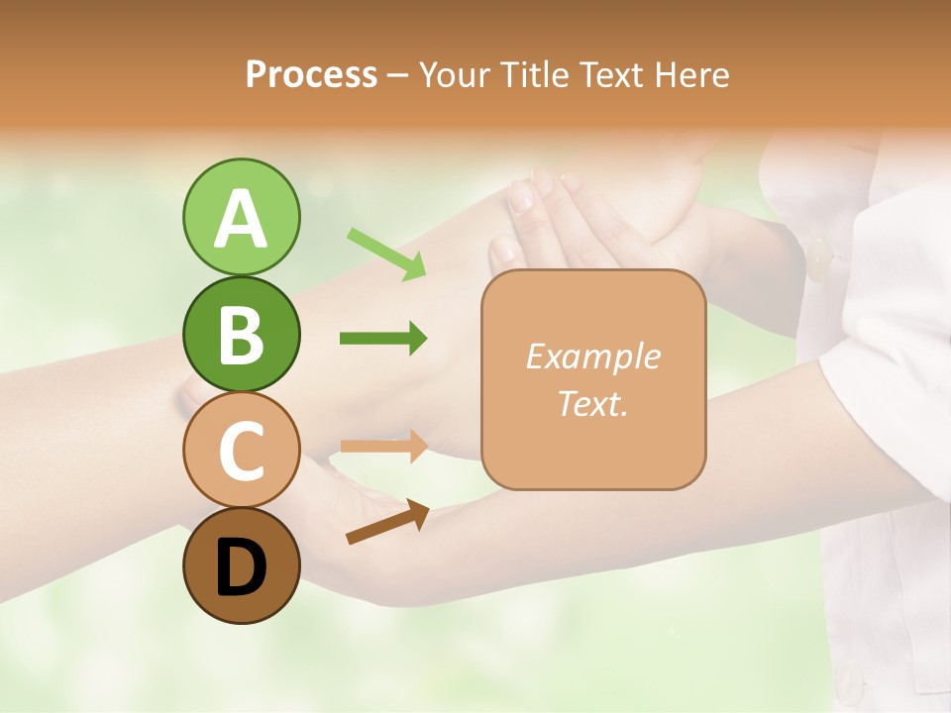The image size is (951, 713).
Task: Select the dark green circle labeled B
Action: (x=241, y=335)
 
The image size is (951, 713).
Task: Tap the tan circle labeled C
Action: (x=241, y=451)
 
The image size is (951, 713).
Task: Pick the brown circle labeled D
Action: (x=241, y=565)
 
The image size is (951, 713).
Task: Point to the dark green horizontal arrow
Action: (x=383, y=339)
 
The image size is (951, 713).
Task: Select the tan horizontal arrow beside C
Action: (x=383, y=445)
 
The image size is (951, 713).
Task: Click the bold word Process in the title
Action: (x=311, y=74)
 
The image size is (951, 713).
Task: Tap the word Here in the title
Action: (x=692, y=74)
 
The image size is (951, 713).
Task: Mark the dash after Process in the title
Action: (x=398, y=76)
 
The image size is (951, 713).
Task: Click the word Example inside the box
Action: (x=592, y=356)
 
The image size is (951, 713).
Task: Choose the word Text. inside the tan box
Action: (x=592, y=403)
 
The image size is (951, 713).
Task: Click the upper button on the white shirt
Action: (x=819, y=258)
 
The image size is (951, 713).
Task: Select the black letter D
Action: (x=241, y=567)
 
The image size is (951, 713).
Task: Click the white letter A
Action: (x=241, y=220)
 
